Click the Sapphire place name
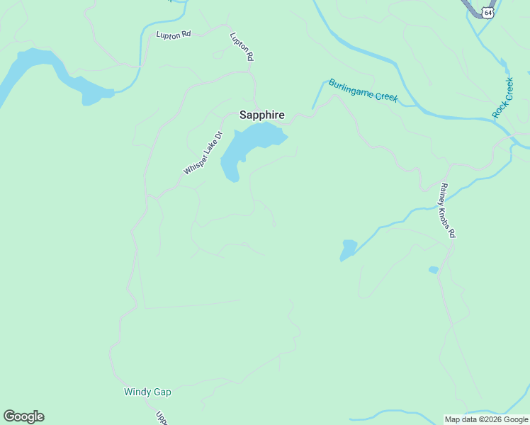click(x=261, y=114)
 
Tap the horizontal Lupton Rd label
click(x=174, y=33)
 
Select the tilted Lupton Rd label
click(x=242, y=46)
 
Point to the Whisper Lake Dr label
click(x=203, y=153)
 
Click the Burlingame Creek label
click(x=363, y=90)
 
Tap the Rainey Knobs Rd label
click(x=447, y=210)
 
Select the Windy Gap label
click(x=147, y=392)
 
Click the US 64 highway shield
click(x=487, y=13)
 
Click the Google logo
click(x=23, y=416)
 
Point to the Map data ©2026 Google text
click(x=486, y=419)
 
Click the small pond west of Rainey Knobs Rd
click(x=348, y=249)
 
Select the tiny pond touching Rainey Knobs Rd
click(x=433, y=270)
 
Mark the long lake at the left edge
click(x=43, y=71)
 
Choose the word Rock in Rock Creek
click(x=499, y=110)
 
